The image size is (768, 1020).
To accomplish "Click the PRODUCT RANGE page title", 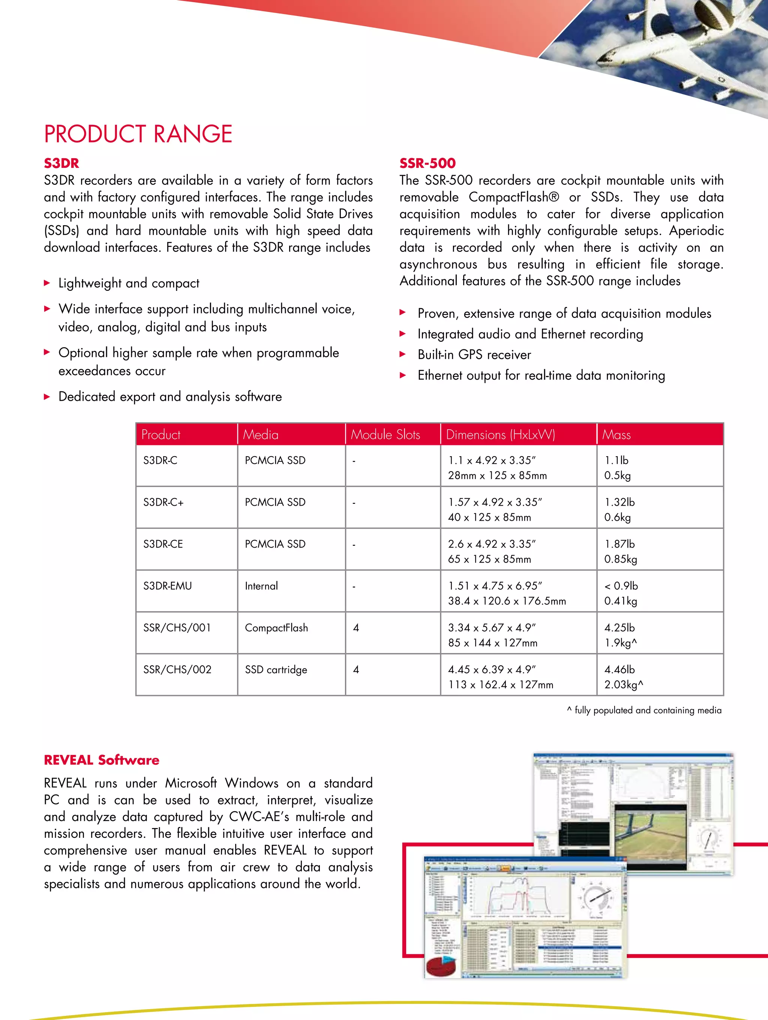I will click(x=138, y=134).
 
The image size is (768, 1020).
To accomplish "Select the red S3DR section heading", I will click(x=61, y=163).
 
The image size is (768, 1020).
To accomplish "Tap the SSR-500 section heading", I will click(x=427, y=163).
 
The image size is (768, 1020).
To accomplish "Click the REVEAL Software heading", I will click(x=102, y=760).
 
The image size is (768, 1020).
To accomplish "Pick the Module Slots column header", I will click(x=385, y=434).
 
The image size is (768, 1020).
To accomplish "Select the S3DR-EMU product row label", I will click(x=168, y=586).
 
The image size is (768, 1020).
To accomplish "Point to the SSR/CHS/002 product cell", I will click(x=177, y=670).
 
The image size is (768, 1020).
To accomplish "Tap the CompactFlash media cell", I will click(x=276, y=628).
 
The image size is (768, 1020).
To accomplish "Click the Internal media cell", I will click(x=261, y=586).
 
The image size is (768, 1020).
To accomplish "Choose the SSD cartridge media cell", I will click(x=276, y=670).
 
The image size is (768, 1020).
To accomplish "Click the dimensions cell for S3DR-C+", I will click(x=495, y=509).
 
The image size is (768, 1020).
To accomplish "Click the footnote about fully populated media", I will click(x=644, y=710).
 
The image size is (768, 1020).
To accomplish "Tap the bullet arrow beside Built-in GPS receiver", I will click(x=403, y=354).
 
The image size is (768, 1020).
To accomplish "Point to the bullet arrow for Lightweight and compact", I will click(x=47, y=283).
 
